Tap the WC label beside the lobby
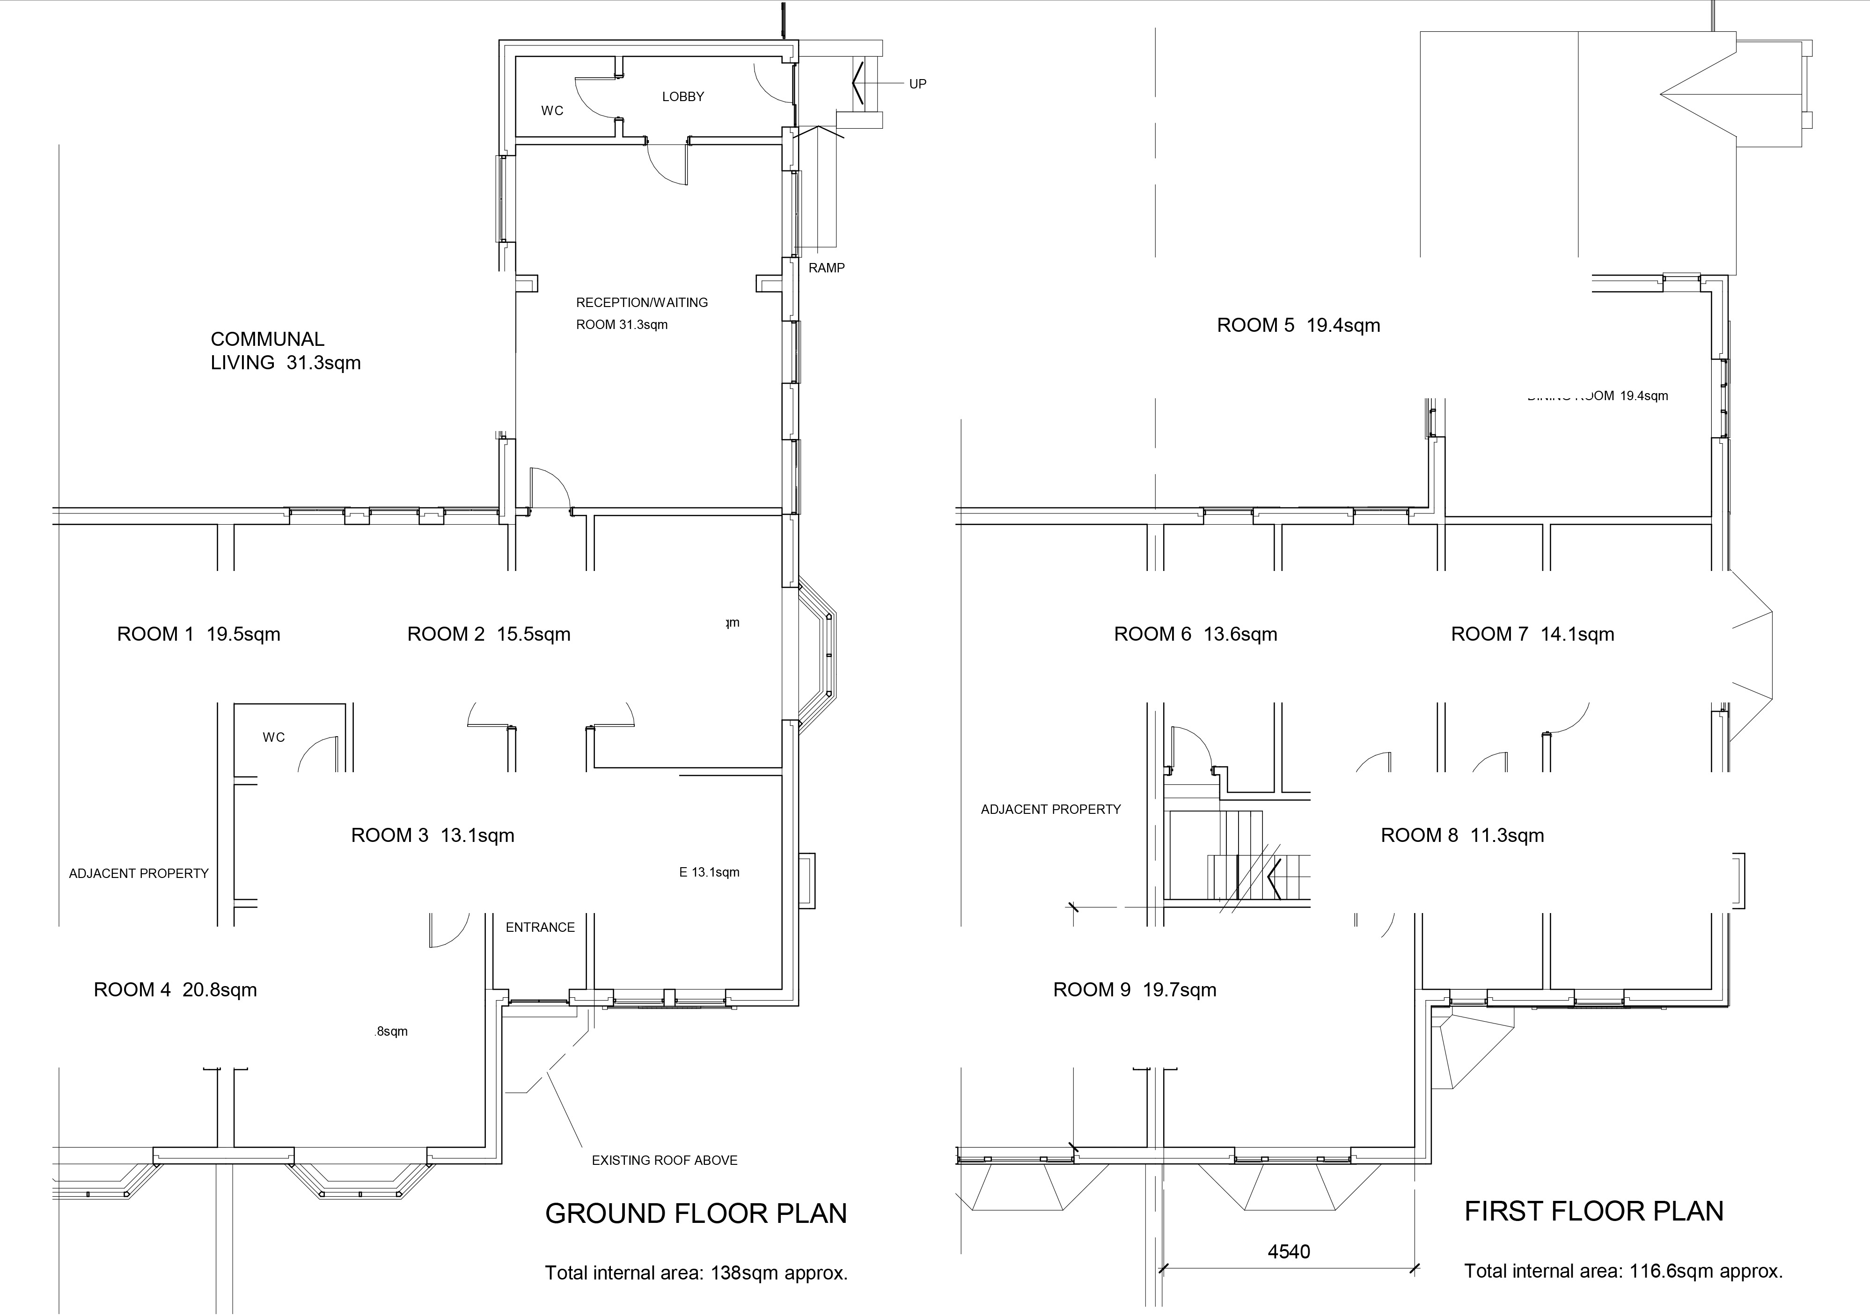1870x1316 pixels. (x=552, y=111)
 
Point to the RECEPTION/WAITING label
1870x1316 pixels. (x=642, y=303)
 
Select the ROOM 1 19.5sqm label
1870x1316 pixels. (x=199, y=635)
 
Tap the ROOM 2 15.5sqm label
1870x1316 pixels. (x=489, y=635)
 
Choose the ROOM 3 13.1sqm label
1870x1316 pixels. (x=433, y=835)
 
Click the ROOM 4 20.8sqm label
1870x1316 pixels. (x=175, y=990)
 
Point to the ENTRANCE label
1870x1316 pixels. (x=540, y=928)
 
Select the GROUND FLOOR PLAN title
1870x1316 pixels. (x=696, y=1214)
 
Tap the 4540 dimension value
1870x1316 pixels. (x=1289, y=1252)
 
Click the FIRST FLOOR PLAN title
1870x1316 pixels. (x=1594, y=1212)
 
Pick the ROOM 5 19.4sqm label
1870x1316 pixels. (x=1298, y=326)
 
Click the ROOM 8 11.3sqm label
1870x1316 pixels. (x=1462, y=835)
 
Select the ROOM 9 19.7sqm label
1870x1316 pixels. (x=1135, y=990)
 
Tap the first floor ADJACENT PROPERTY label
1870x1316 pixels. (x=1051, y=810)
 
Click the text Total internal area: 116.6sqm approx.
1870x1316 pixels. (x=1623, y=1271)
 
